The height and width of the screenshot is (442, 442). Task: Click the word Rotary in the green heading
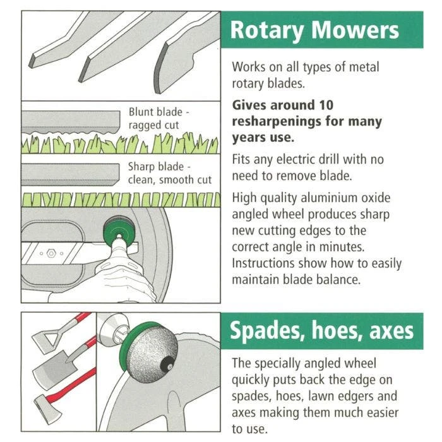coord(267,30)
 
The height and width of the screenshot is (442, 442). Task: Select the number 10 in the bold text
coord(326,105)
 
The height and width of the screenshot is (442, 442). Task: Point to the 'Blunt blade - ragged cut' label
coord(159,119)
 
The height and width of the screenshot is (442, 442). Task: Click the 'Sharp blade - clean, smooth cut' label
coord(169,173)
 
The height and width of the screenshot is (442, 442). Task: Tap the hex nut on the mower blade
coord(51,253)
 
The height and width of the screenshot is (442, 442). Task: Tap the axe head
coord(47,409)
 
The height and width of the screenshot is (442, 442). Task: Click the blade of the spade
coord(54,366)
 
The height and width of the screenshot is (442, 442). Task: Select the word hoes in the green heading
coord(335,330)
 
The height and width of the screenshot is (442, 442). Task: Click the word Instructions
coord(263,263)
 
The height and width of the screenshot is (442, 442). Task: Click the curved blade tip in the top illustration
coord(163,69)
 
